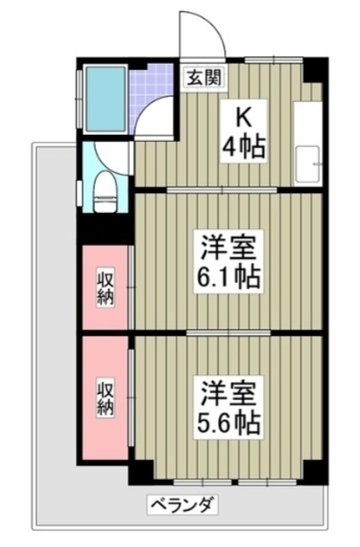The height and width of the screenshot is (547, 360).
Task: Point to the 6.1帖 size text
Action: coord(228,277)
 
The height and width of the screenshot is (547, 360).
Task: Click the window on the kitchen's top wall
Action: coord(274,60)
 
